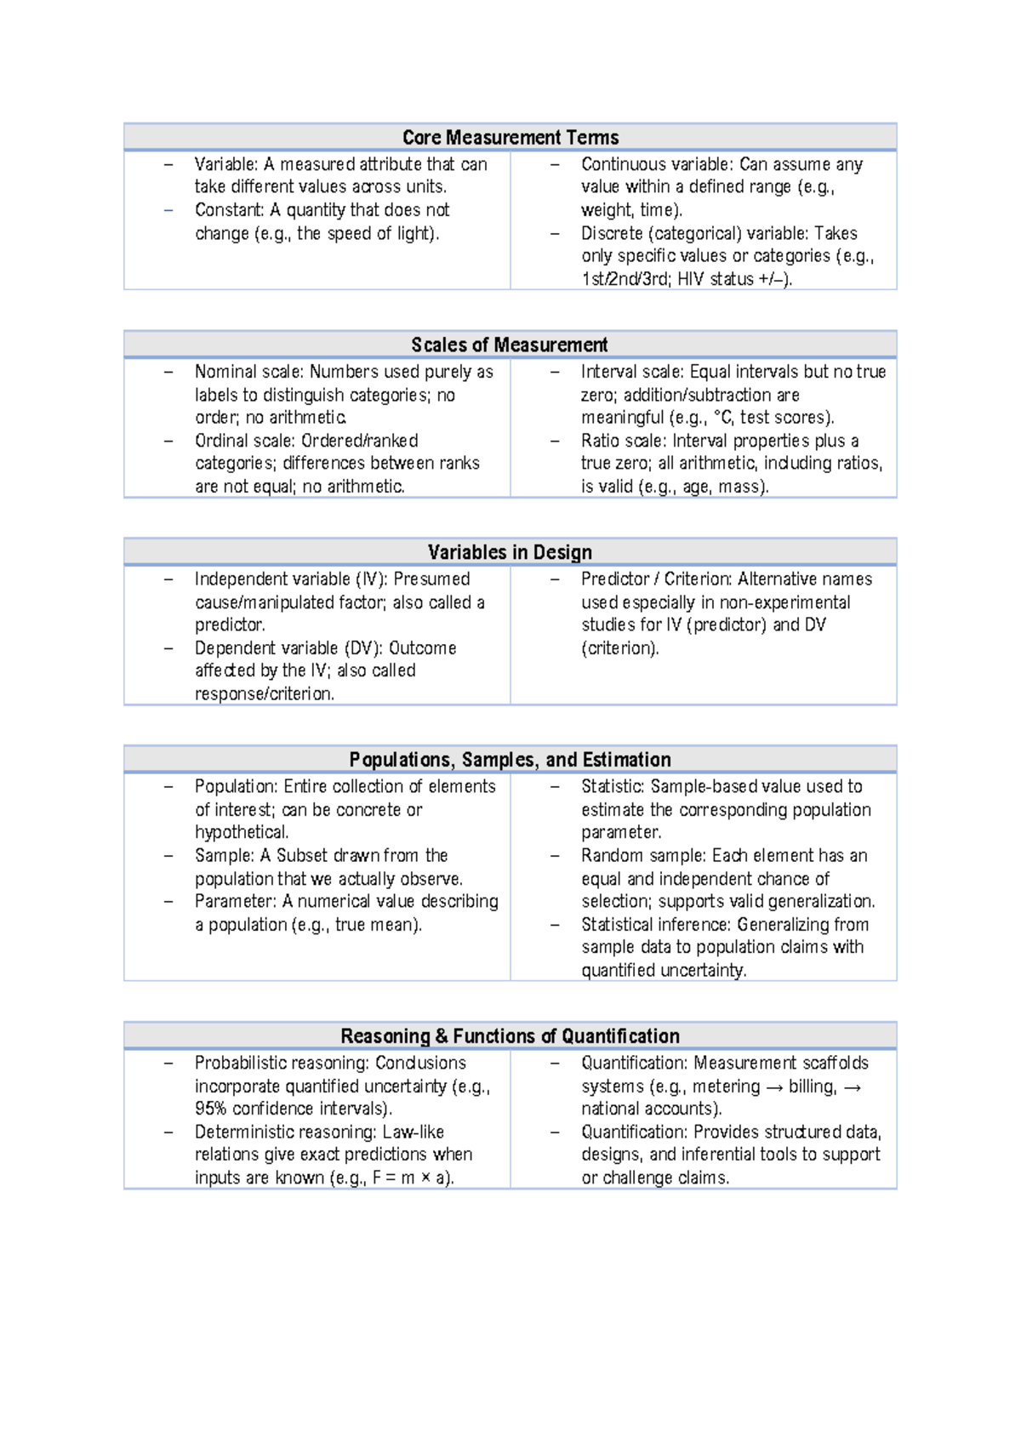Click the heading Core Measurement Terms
(x=510, y=137)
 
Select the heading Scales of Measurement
(x=509, y=345)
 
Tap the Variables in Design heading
(x=510, y=552)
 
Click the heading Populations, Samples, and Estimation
(x=510, y=760)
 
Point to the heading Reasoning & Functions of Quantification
(x=510, y=1035)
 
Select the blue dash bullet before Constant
(x=168, y=210)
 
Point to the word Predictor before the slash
(x=614, y=579)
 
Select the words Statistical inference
(x=655, y=925)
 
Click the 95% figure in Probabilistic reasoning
(x=211, y=1109)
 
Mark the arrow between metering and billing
(x=775, y=1087)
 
